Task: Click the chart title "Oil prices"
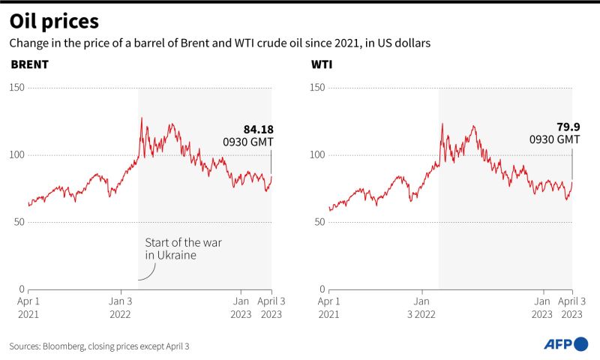click(x=54, y=22)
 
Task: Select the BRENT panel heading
click(x=30, y=64)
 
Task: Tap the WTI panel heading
click(x=322, y=64)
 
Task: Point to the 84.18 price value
click(x=259, y=130)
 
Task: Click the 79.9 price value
click(x=568, y=127)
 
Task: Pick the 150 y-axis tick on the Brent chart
click(x=16, y=88)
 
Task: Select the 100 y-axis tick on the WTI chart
click(x=317, y=155)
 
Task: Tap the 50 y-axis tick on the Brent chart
click(x=19, y=222)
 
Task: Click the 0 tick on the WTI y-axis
click(x=322, y=289)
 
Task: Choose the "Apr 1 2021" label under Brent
click(x=28, y=308)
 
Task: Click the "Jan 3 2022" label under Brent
click(x=121, y=308)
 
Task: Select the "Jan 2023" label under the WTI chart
click(x=541, y=308)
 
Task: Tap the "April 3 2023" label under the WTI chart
click(x=571, y=308)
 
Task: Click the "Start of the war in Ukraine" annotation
click(x=183, y=249)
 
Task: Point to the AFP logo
click(x=566, y=344)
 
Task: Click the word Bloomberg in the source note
click(x=64, y=346)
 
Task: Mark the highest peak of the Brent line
click(x=142, y=118)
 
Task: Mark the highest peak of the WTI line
click(x=442, y=124)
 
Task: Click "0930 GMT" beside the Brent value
click(x=248, y=142)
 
